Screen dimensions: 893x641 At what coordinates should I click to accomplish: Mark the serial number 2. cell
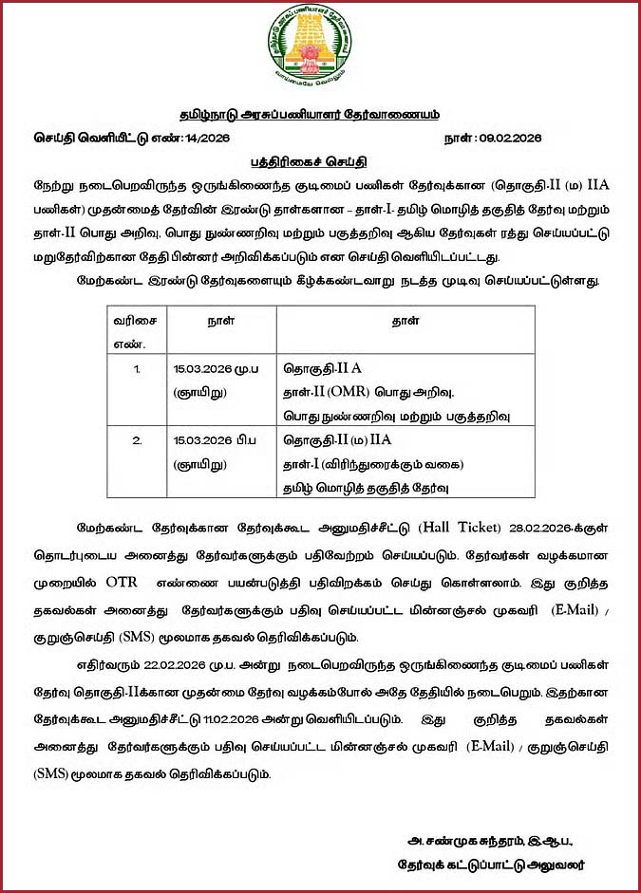(x=138, y=440)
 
